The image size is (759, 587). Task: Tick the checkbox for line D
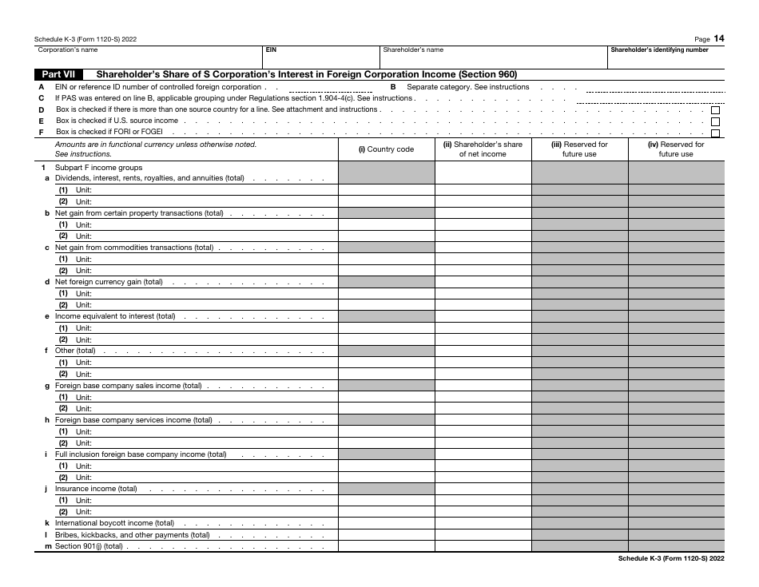715,110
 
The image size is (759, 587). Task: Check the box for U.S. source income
715,121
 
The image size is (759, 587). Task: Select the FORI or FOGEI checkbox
715,133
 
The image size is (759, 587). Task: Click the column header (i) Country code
387,149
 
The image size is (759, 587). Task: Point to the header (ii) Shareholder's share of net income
483,149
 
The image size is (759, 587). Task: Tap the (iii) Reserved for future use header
579,149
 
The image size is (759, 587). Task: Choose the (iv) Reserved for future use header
676,149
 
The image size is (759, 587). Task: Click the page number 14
719,38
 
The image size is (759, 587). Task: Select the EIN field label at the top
271,50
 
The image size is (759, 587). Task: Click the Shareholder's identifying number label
659,50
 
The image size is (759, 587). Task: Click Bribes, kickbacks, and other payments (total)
132,535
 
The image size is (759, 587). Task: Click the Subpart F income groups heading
98,168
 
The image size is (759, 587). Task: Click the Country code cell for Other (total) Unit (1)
387,363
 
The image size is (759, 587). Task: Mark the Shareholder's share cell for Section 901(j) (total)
483,546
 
